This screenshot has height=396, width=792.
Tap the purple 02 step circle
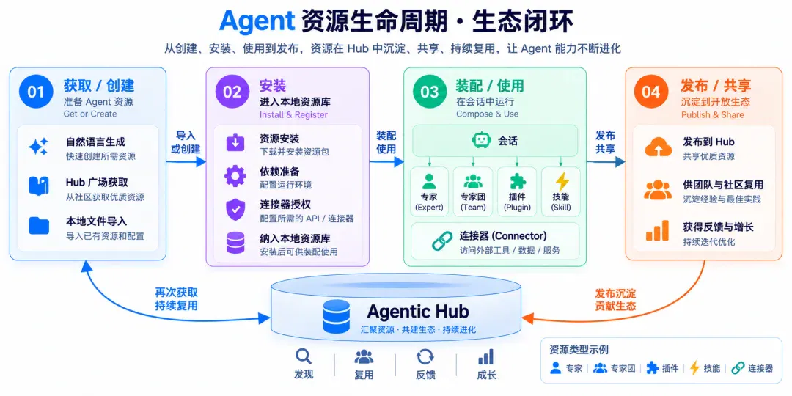click(x=232, y=92)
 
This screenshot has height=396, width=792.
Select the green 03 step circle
click(x=430, y=92)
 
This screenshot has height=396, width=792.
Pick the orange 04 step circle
click(x=651, y=92)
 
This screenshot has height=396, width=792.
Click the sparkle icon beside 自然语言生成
click(x=38, y=147)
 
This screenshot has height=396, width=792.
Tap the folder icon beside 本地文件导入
click(x=39, y=226)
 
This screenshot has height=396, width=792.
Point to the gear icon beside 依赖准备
click(x=235, y=177)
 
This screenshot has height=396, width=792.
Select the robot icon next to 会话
click(x=481, y=140)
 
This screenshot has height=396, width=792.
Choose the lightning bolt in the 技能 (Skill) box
click(x=562, y=182)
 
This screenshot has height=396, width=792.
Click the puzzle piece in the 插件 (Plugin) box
click(x=518, y=182)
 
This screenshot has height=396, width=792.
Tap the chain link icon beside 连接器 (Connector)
click(x=442, y=241)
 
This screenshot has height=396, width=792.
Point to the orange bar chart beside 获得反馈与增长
click(x=657, y=231)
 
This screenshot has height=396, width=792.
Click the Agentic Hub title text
click(x=418, y=311)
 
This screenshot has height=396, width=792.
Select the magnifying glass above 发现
click(x=304, y=357)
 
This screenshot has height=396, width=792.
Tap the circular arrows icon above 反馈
click(x=425, y=357)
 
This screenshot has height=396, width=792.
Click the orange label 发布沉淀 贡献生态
click(x=615, y=299)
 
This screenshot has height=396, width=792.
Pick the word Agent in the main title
click(x=257, y=22)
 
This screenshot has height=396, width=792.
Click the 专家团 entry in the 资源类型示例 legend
click(x=615, y=368)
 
